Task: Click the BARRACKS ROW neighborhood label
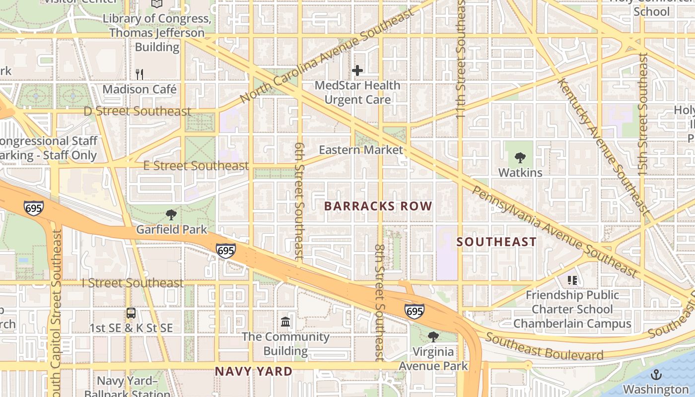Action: tap(378, 206)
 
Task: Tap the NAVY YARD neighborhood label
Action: tap(254, 371)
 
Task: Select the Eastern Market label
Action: tap(361, 149)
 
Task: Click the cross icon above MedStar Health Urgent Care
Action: tap(357, 70)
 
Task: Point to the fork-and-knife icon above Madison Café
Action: tap(139, 74)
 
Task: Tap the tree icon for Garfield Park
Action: tap(171, 215)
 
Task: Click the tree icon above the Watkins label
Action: tap(520, 158)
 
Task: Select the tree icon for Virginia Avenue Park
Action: tap(433, 337)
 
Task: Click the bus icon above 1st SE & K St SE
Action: tap(131, 313)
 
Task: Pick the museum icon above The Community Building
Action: tap(285, 322)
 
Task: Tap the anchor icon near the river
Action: tap(656, 375)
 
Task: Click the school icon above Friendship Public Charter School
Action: tap(572, 280)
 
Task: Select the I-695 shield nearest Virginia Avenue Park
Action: tap(415, 311)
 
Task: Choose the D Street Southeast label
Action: tap(138, 111)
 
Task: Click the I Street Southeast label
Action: tap(133, 283)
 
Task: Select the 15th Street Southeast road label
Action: tap(643, 114)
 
